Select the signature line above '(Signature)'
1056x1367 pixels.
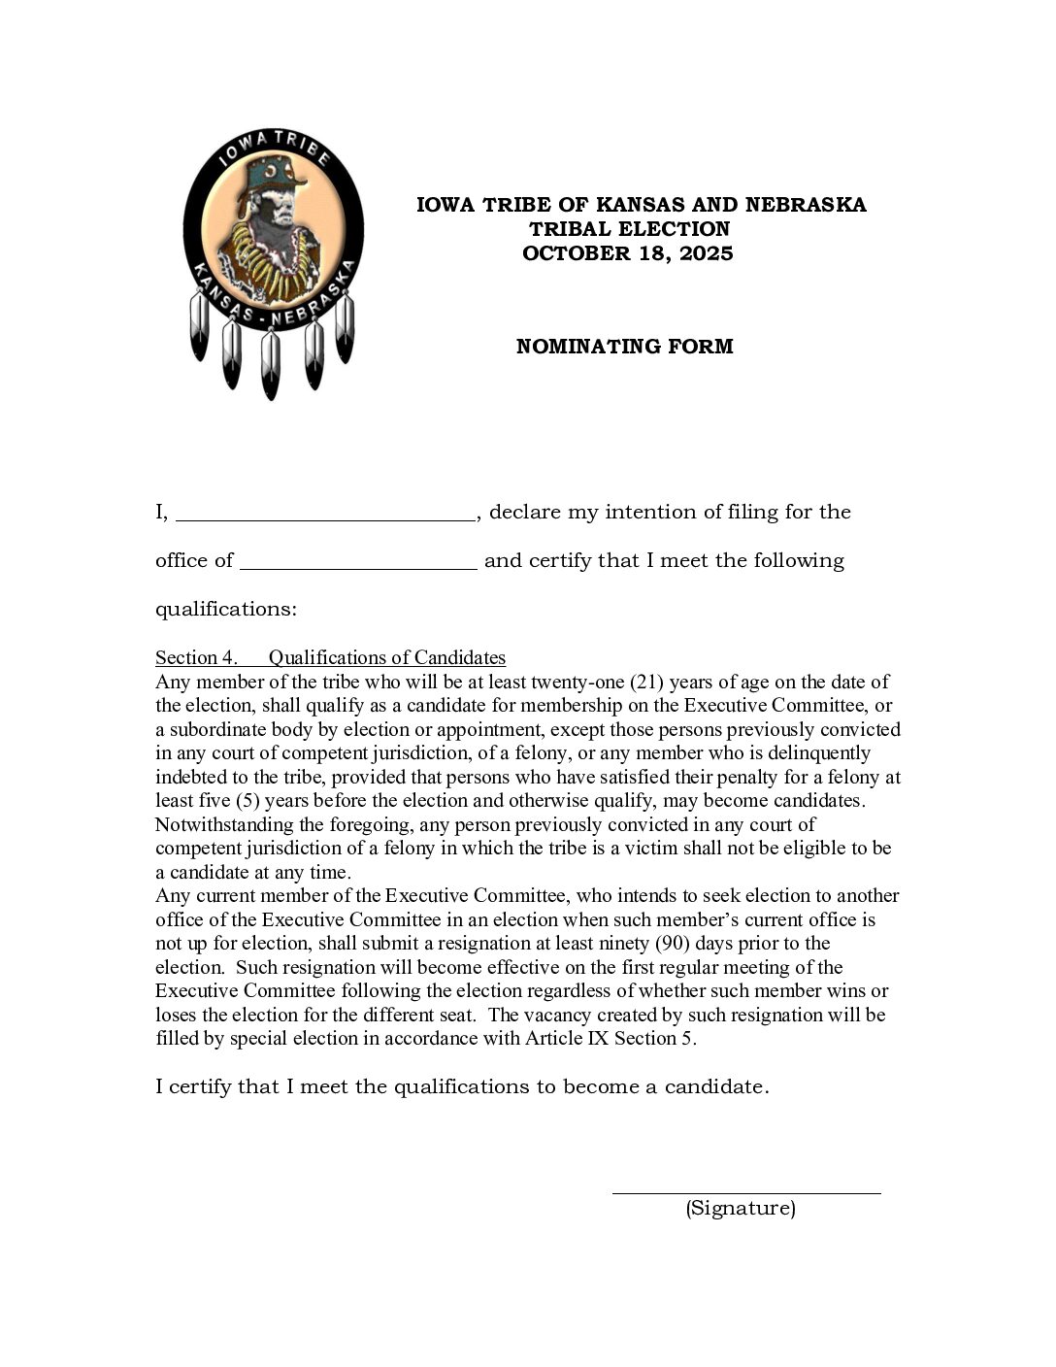click(745, 1191)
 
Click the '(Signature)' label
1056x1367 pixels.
click(741, 1209)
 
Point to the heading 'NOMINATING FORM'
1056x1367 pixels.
click(624, 347)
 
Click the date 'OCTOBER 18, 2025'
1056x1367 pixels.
click(627, 253)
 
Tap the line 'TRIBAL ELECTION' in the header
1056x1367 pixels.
click(629, 229)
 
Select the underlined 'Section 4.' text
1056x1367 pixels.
click(196, 658)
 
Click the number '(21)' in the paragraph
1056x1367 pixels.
click(646, 683)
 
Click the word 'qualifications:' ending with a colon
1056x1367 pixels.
click(225, 610)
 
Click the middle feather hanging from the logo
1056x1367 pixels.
click(271, 364)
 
